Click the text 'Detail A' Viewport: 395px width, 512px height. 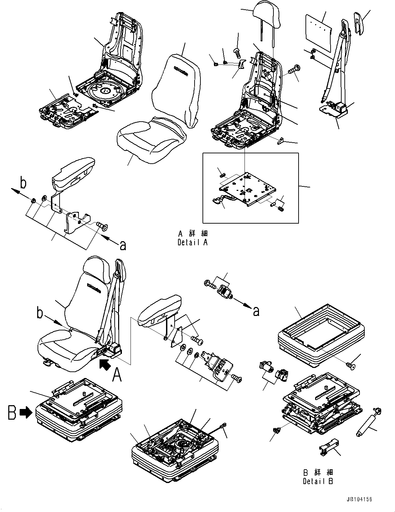pos(193,242)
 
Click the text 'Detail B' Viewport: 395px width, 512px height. pos(318,481)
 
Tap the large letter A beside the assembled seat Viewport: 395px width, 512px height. pos(117,375)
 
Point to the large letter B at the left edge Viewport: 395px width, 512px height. pos(12,412)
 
